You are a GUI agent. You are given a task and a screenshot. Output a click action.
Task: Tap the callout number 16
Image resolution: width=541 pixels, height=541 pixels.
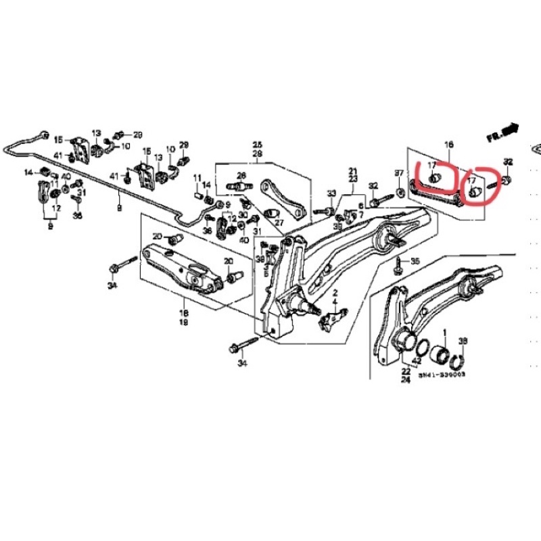tap(448, 145)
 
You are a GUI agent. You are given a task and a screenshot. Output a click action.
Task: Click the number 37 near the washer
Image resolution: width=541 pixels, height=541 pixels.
tap(399, 173)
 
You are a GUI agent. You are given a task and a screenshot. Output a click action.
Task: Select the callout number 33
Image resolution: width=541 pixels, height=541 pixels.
tap(331, 194)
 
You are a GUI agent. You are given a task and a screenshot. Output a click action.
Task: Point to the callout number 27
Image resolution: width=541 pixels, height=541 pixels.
tap(279, 224)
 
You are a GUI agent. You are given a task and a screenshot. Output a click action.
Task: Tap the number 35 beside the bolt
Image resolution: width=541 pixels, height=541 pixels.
tap(415, 260)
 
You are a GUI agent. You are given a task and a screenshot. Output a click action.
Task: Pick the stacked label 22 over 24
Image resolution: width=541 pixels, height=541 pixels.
tap(406, 376)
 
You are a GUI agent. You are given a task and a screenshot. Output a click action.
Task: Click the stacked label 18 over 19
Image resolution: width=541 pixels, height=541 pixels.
tap(183, 317)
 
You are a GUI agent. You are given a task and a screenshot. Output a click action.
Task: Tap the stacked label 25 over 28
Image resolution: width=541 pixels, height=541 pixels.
tap(257, 149)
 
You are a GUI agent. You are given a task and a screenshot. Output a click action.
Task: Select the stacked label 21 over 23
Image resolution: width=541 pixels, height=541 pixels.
tap(352, 174)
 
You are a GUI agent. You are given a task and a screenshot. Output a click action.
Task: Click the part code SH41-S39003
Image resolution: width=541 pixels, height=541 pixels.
tap(443, 373)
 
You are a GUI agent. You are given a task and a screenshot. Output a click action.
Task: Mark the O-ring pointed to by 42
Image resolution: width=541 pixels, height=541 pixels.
tap(420, 349)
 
